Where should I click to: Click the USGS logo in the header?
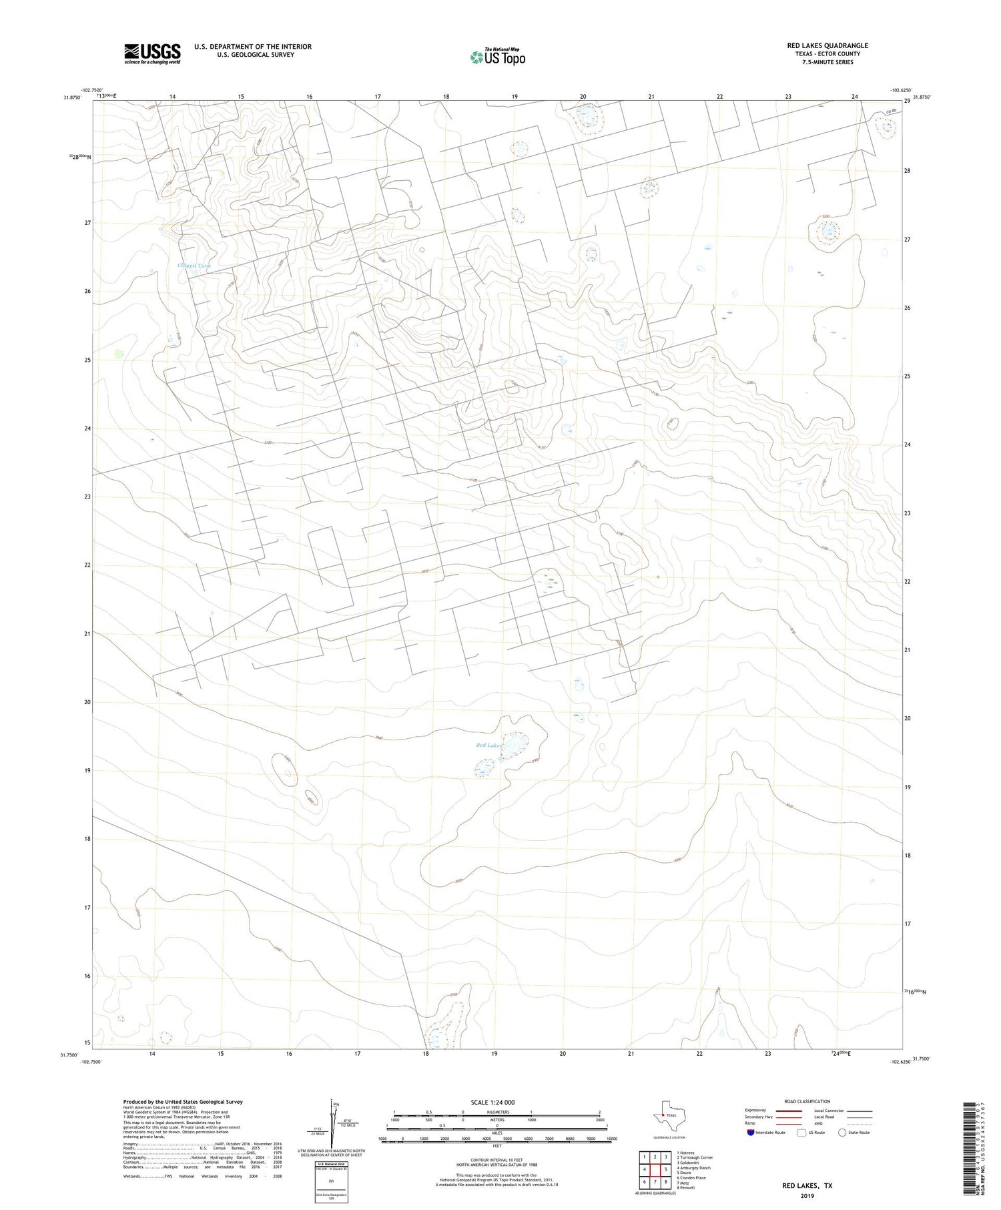(152, 53)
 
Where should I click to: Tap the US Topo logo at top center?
(497, 57)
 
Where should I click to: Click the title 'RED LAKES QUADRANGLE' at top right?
(827, 45)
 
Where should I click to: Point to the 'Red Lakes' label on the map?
(488, 745)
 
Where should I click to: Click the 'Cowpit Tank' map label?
(194, 266)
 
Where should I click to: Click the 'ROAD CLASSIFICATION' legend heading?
(807, 1101)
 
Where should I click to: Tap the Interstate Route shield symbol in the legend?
(751, 1133)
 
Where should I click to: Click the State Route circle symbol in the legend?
(842, 1133)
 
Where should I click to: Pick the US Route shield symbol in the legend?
(801, 1133)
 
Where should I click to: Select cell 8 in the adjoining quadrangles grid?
(666, 1181)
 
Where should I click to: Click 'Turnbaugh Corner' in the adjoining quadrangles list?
(697, 1157)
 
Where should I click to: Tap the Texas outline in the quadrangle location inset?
(663, 1117)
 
